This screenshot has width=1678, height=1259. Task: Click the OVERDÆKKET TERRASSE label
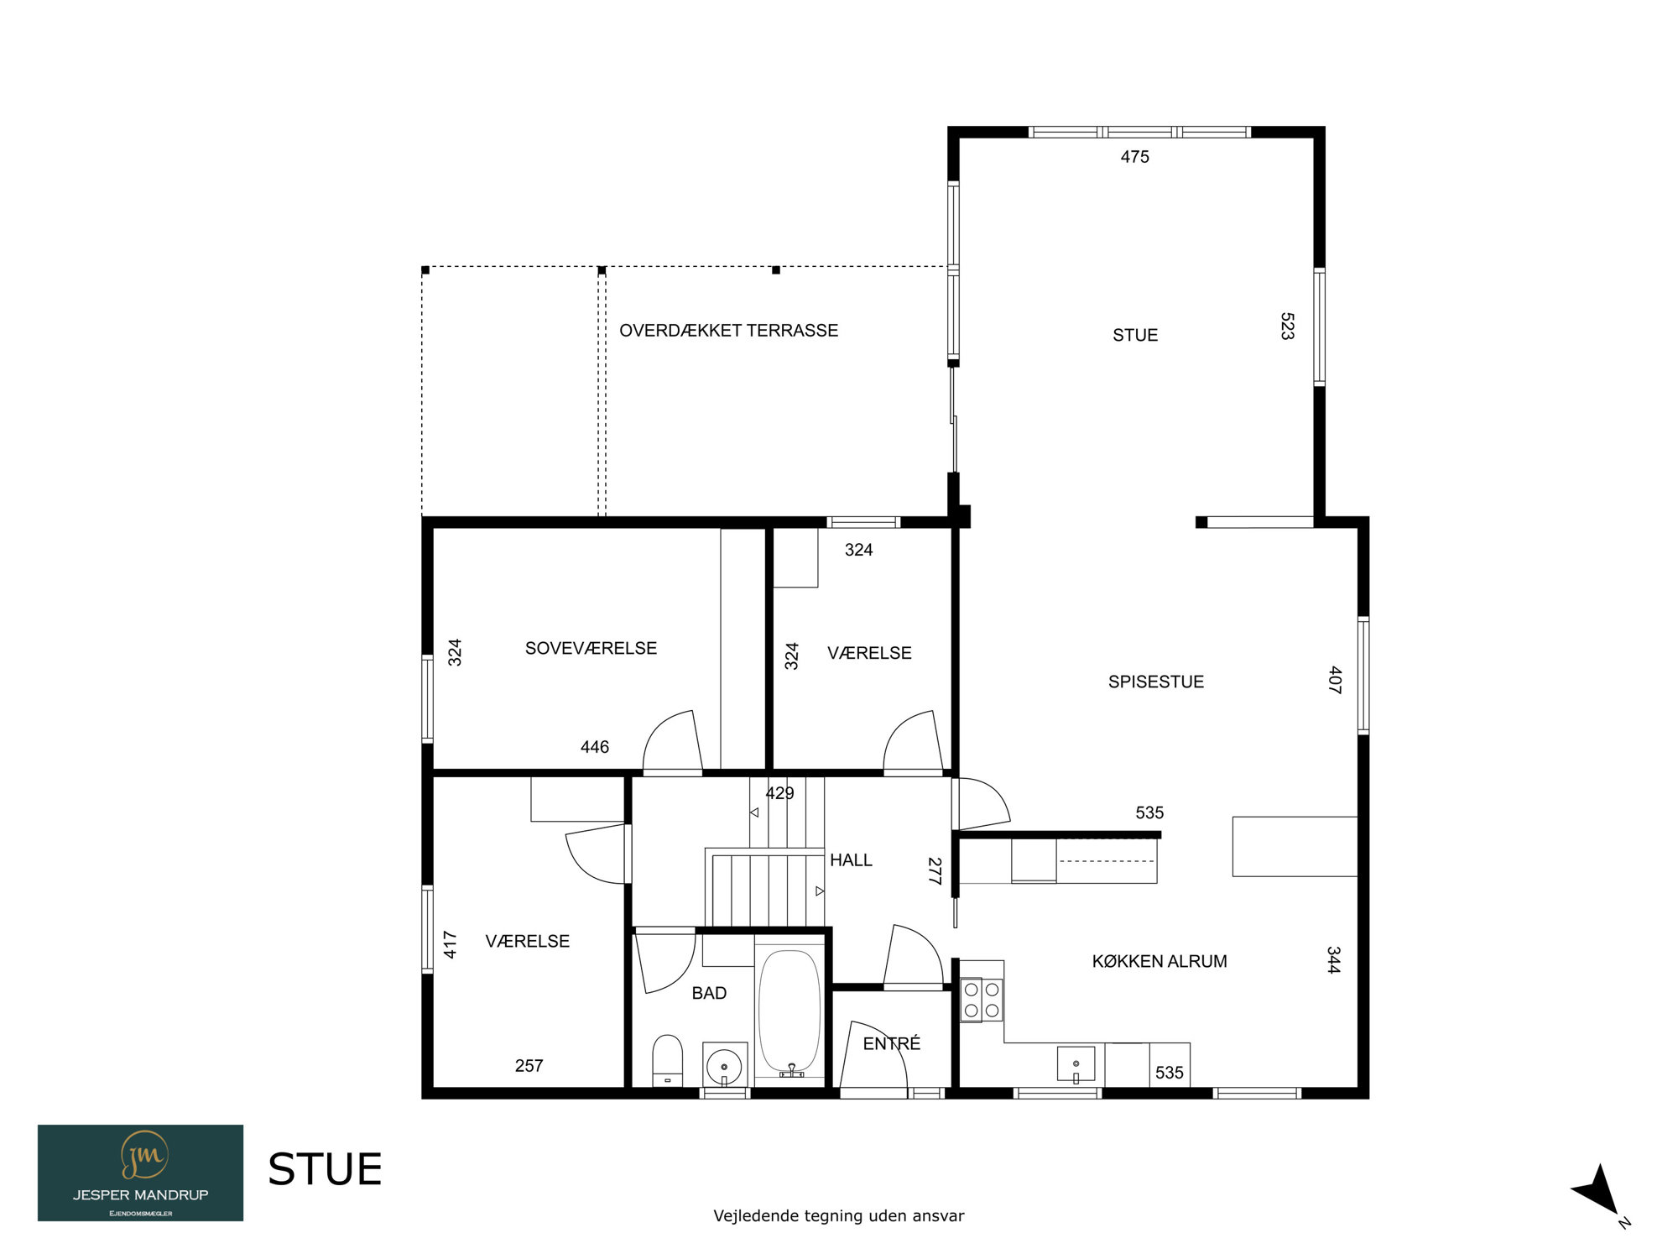[x=728, y=331]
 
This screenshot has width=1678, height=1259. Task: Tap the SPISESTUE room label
[x=1156, y=682]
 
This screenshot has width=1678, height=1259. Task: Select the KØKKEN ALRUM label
[x=1159, y=961]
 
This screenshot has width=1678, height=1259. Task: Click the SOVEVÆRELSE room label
[x=591, y=648]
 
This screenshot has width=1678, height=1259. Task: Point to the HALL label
[x=851, y=860]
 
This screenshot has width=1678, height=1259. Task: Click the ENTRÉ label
[x=892, y=1043]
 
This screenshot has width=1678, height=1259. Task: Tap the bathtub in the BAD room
[x=789, y=1012]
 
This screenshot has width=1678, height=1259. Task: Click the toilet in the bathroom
[x=668, y=1060]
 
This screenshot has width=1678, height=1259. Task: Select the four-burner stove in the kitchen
[x=982, y=1000]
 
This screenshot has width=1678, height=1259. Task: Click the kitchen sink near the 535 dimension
[x=1076, y=1064]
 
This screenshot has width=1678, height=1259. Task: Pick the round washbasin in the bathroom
[x=724, y=1067]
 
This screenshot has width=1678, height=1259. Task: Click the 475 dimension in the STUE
[x=1134, y=157]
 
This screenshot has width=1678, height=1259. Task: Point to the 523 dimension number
[x=1287, y=326]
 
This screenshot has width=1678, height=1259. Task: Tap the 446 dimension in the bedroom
[x=595, y=747]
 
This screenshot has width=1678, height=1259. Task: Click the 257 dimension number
[x=529, y=1066]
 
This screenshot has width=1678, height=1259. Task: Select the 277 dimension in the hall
[x=934, y=871]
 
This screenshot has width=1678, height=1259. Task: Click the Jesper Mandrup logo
[x=140, y=1173]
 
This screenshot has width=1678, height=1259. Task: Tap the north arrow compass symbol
[x=1600, y=1192]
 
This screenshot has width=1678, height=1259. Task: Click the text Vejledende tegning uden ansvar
[x=839, y=1216]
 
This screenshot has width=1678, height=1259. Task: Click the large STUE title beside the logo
[x=325, y=1169]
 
